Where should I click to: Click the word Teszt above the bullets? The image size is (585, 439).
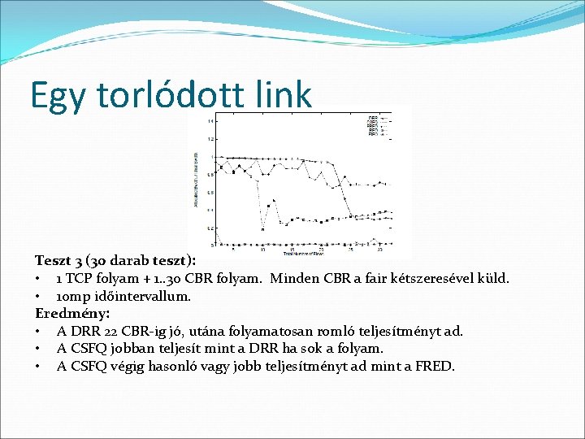(x=52, y=260)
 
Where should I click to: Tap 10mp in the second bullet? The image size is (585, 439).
(x=72, y=296)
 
